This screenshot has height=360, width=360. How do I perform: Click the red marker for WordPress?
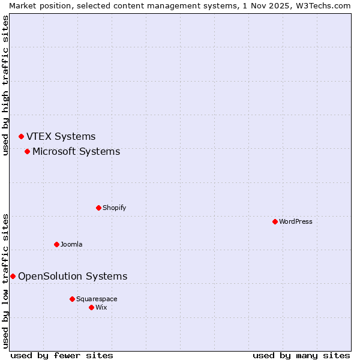pyautogui.click(x=275, y=221)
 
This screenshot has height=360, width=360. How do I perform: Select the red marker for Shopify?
pyautogui.click(x=98, y=208)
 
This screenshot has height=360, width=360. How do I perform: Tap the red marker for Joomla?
pyautogui.click(x=56, y=244)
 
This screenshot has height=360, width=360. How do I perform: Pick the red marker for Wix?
pyautogui.click(x=91, y=307)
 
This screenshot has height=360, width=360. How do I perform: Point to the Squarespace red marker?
pyautogui.click(x=72, y=299)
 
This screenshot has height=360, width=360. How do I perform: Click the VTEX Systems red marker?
pyautogui.click(x=21, y=137)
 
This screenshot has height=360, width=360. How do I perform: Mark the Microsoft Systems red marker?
pyautogui.click(x=27, y=151)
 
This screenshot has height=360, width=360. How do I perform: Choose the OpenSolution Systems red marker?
pyautogui.click(x=13, y=276)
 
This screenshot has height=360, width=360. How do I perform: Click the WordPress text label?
pyautogui.click(x=296, y=221)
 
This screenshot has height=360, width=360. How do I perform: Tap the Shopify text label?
pyautogui.click(x=114, y=208)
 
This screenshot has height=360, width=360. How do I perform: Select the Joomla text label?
pyautogui.click(x=71, y=244)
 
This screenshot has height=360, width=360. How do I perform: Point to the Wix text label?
pyautogui.click(x=101, y=307)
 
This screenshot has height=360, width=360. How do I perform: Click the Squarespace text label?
pyautogui.click(x=97, y=299)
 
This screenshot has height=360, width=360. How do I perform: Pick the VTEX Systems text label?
pyautogui.click(x=61, y=137)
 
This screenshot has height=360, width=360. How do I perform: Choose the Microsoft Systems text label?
pyautogui.click(x=76, y=151)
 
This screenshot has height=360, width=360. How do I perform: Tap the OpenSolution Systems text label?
pyautogui.click(x=73, y=276)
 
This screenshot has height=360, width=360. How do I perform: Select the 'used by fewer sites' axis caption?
pyautogui.click(x=62, y=355)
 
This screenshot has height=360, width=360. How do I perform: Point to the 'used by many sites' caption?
pyautogui.click(x=301, y=355)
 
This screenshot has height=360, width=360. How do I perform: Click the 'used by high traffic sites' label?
pyautogui.click(x=5, y=86)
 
